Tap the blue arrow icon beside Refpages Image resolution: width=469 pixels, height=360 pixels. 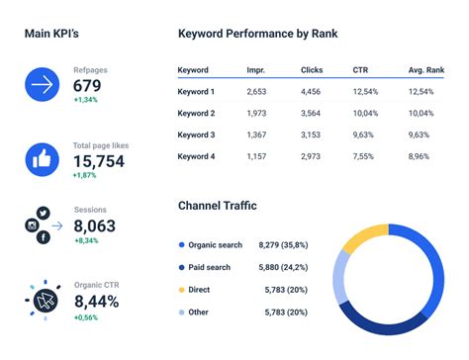[43, 85]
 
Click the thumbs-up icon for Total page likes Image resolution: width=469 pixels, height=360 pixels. [43, 158]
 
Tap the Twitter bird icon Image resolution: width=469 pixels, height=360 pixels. [43, 213]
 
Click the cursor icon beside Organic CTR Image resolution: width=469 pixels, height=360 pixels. [43, 301]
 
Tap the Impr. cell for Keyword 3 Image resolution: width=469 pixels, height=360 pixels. [256, 135]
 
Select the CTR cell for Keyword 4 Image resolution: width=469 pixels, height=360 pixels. [363, 156]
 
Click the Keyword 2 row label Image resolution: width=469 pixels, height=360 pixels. [196, 114]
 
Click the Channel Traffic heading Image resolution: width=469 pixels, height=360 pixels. [217, 206]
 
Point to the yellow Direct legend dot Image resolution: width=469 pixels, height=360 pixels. [181, 289]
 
